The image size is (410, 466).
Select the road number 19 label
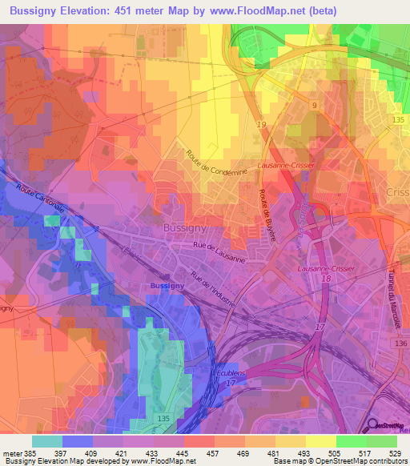click(261, 124)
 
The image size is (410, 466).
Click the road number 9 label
click(314, 105)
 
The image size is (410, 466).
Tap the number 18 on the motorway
click(326, 277)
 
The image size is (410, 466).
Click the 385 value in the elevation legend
click(32, 453)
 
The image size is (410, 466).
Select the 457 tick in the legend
click(214, 453)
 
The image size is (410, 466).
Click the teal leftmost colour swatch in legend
click(47, 441)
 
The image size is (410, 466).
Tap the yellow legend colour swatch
click(321, 441)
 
